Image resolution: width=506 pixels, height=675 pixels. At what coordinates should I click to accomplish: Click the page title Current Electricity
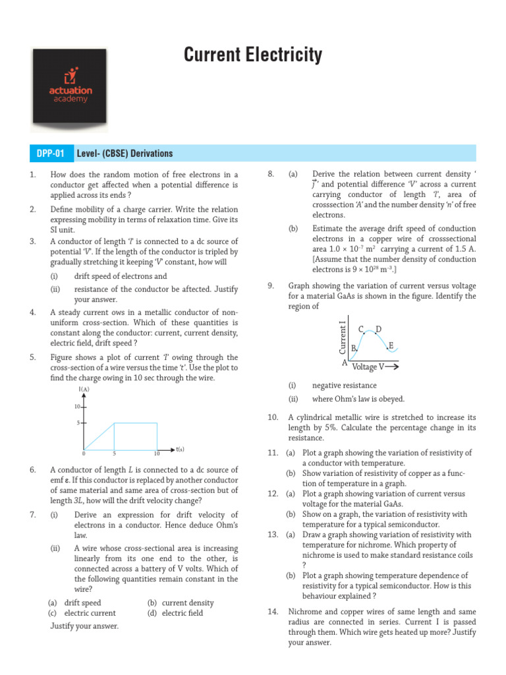[253, 55]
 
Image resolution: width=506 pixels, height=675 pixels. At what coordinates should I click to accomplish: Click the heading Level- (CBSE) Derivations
[125, 154]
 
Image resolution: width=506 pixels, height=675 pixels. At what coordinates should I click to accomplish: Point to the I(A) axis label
[84, 390]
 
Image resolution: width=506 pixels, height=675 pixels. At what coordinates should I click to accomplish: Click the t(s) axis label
[180, 450]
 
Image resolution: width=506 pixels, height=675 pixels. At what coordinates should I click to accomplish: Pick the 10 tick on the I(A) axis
[77, 407]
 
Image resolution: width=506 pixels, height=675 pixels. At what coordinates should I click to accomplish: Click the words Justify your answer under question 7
[84, 626]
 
